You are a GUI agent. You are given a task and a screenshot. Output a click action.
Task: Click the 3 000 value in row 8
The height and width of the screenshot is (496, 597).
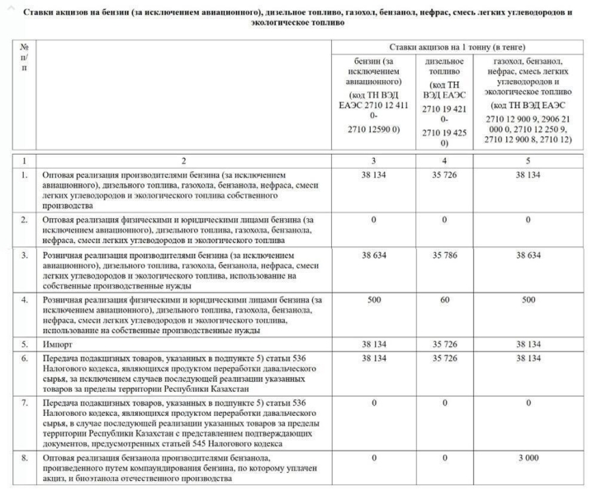click(x=528, y=456)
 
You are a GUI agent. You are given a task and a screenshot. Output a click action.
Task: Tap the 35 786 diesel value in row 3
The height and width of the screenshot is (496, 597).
click(x=444, y=256)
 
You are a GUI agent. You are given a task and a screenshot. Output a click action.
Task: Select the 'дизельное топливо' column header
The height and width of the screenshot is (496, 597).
click(x=444, y=91)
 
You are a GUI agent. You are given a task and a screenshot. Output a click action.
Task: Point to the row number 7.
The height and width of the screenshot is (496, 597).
click(x=25, y=403)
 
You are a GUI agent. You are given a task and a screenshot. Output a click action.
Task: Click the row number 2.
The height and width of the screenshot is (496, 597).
click(x=25, y=220)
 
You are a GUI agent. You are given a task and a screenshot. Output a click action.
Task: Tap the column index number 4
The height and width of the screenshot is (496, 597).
click(x=444, y=160)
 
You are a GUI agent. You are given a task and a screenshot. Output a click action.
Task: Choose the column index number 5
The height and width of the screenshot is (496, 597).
click(x=528, y=160)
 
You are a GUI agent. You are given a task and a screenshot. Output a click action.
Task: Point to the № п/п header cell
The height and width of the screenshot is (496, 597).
click(x=25, y=59)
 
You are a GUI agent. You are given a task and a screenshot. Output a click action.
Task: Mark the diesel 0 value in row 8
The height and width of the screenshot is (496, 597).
click(x=444, y=456)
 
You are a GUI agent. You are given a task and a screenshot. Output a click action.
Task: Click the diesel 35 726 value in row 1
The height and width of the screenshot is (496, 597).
click(x=444, y=175)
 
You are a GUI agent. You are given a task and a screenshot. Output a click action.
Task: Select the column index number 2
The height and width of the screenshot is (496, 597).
click(x=184, y=160)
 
